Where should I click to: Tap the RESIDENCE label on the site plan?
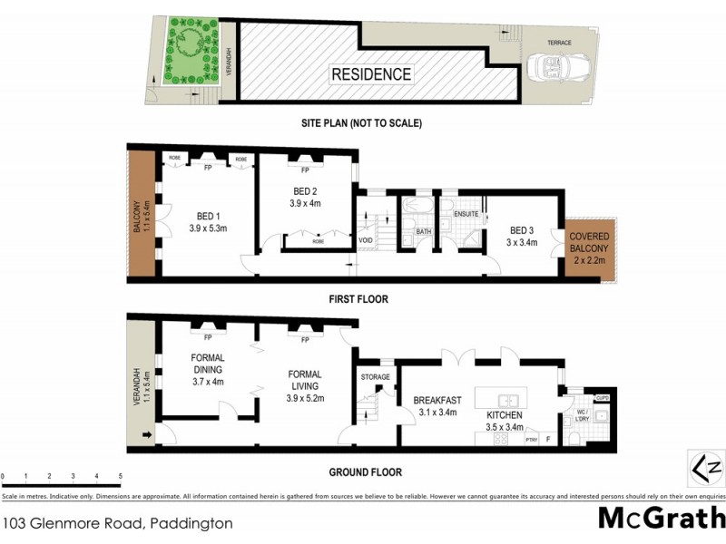370,74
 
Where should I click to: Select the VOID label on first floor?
366,240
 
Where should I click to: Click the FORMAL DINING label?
207,363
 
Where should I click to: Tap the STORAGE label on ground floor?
375,377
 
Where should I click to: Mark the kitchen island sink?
507,399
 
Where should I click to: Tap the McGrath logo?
660,520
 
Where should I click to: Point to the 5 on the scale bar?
121,476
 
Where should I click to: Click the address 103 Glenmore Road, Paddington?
118,523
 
